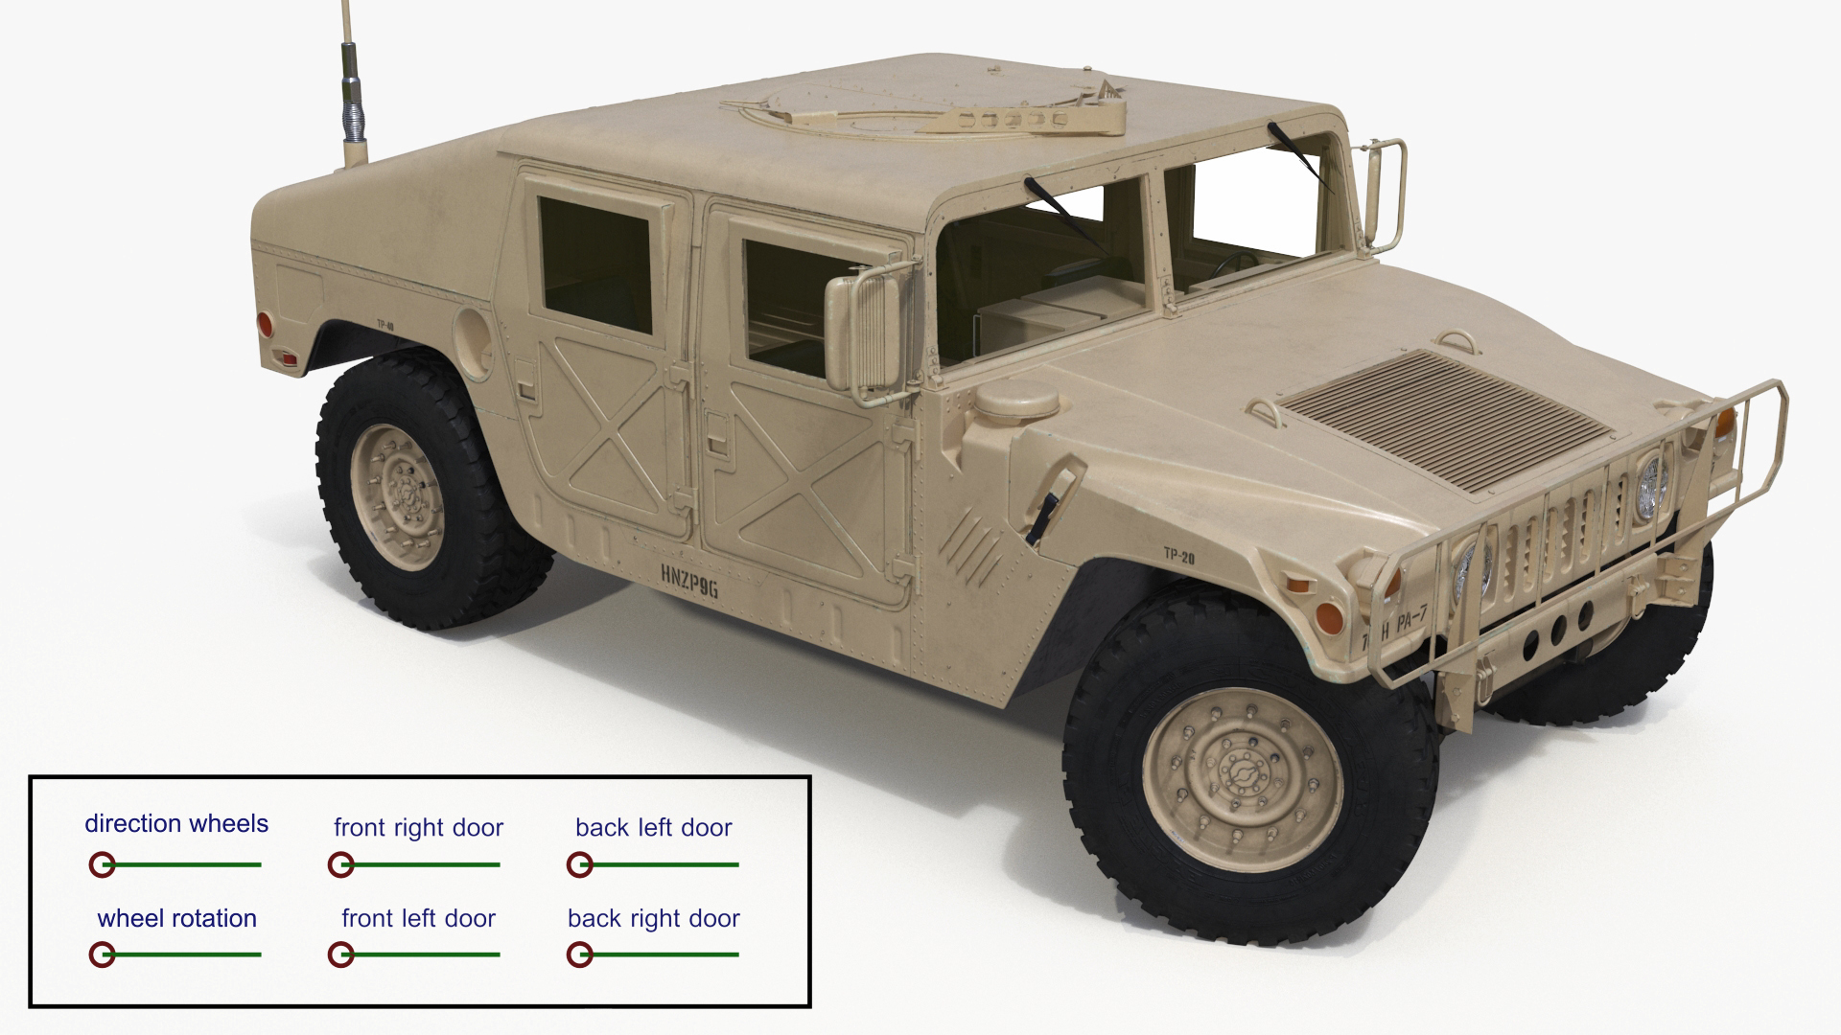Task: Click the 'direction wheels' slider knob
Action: coord(102,864)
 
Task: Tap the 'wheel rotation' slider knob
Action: coord(102,954)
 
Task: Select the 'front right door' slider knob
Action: coord(340,864)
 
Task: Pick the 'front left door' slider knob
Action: coord(340,954)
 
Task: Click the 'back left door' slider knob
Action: coord(579,864)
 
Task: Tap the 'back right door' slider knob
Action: coord(579,954)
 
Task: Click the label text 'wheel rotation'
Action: coord(176,918)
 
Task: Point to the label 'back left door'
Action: coord(653,827)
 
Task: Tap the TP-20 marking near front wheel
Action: coord(1178,556)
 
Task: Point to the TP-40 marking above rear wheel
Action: coord(385,325)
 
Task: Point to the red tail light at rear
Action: coord(265,325)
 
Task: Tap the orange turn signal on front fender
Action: coord(1327,614)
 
